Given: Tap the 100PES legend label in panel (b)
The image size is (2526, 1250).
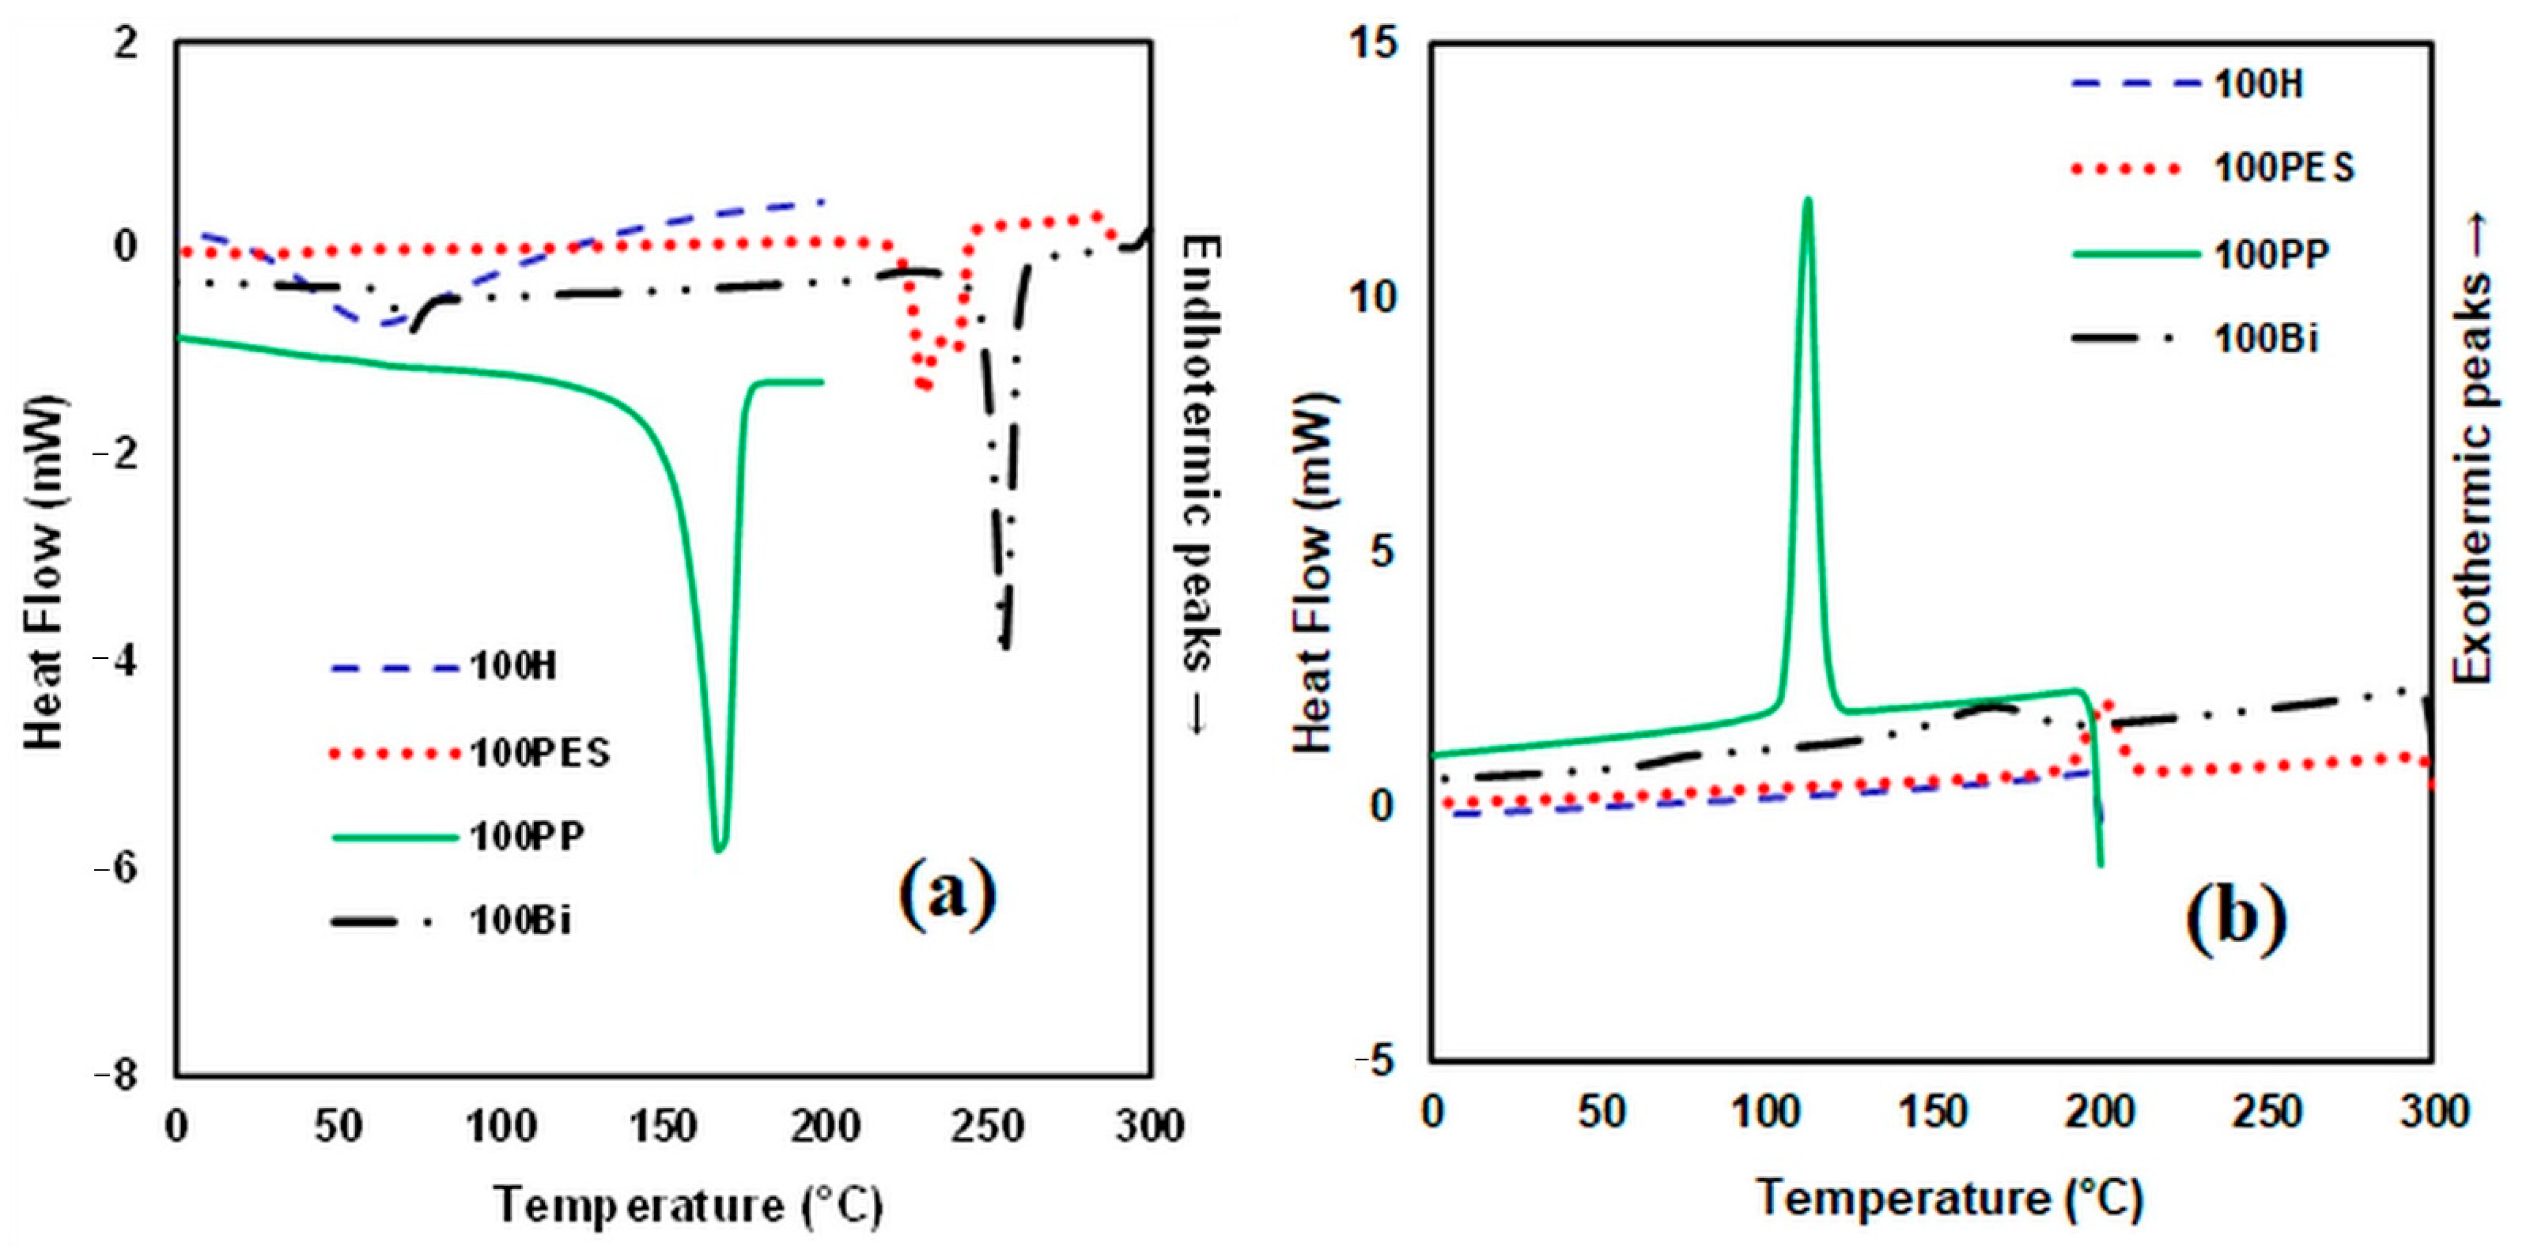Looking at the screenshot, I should pyautogui.click(x=2284, y=169).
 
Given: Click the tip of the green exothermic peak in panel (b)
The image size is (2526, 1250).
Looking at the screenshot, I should pyautogui.click(x=1807, y=200).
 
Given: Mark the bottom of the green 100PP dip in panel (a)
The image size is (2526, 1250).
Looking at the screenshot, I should pyautogui.click(x=720, y=849).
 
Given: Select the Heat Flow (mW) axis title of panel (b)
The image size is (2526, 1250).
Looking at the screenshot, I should pyautogui.click(x=1314, y=574).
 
